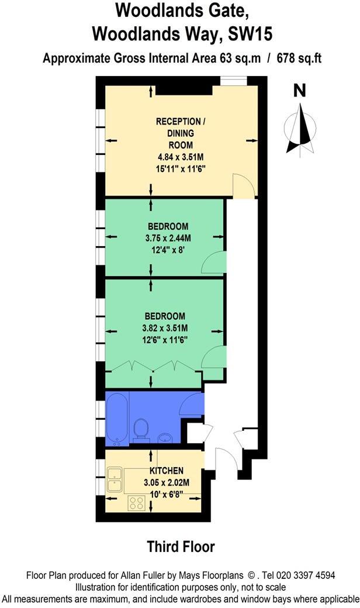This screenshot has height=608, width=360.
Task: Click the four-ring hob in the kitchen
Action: (137, 502)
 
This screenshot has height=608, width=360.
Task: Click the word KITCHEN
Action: (167, 471)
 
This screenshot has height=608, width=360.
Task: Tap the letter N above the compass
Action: (300, 90)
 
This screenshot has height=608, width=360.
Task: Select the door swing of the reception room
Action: (244, 186)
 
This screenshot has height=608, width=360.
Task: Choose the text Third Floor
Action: (181, 547)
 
